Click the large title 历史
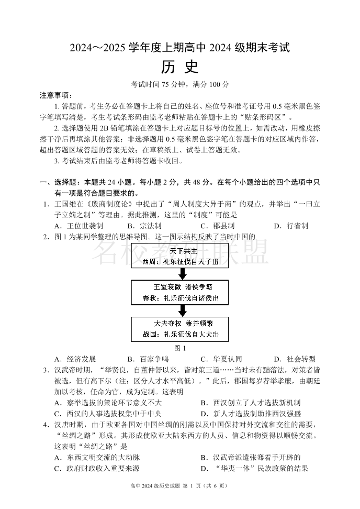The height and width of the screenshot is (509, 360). point(180,67)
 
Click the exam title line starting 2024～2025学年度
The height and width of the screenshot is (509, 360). point(180,48)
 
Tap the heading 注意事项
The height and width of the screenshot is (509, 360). point(56,95)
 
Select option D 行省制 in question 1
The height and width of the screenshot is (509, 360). point(290,226)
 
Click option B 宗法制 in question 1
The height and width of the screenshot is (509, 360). point(143,226)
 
